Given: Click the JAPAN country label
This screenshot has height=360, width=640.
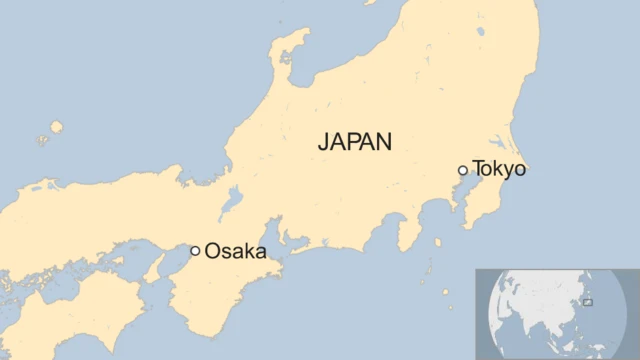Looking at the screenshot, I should [355, 141].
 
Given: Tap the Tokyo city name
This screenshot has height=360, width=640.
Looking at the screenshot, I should [498, 169].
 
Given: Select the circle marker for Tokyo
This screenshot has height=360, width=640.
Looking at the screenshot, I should [462, 170].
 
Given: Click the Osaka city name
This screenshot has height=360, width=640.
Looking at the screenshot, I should [235, 251].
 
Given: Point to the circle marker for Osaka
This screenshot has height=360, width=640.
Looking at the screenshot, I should [195, 251].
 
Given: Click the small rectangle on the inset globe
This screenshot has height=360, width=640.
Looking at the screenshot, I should [587, 301].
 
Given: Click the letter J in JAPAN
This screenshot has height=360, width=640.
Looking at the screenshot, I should [324, 141].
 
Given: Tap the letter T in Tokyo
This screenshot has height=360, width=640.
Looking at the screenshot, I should [478, 169].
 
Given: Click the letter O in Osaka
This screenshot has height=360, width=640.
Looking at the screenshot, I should [212, 251].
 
